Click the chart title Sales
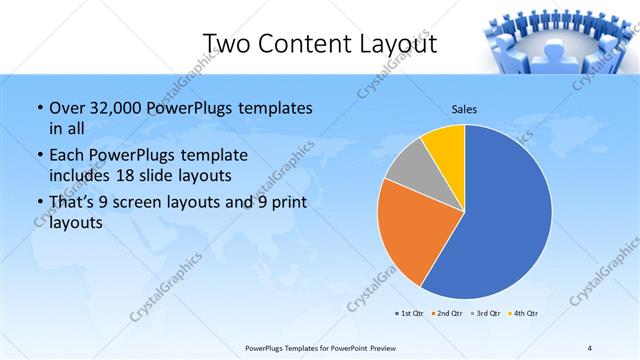coord(464,108)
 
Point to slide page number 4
coord(590,348)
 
